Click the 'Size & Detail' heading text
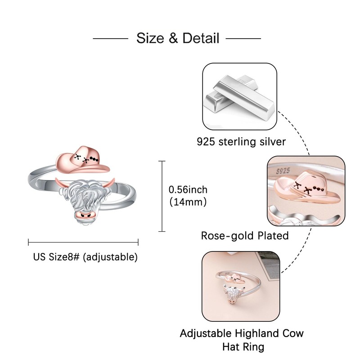coord(178,38)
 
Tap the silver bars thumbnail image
coord(239,96)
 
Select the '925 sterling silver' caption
coord(241,142)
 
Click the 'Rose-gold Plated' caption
coord(245,235)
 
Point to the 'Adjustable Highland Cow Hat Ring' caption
coord(242,340)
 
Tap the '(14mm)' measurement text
coord(188,202)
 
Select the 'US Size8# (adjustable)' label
coord(85,257)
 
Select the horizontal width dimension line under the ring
coord(83,242)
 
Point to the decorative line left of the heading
coord(110,38)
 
